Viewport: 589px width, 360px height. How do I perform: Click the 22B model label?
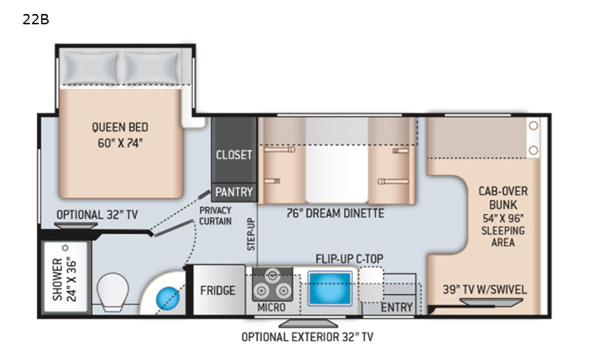[x=35, y=19]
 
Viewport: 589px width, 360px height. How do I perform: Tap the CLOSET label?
[x=233, y=155]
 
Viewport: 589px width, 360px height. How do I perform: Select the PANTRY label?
[x=233, y=192]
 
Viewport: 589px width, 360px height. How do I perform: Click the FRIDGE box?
[x=218, y=290]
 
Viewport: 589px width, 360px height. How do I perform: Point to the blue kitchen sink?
[x=330, y=289]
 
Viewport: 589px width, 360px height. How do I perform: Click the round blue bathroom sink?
[x=168, y=298]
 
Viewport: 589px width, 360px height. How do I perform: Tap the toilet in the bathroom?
[x=113, y=292]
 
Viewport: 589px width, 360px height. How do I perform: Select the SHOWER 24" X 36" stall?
[x=66, y=277]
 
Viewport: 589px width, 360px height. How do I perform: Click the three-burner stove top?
[x=272, y=284]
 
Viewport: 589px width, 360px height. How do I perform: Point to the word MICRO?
[x=271, y=308]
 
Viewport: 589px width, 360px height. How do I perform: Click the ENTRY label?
[x=397, y=308]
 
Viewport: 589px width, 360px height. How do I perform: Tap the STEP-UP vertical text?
[x=251, y=234]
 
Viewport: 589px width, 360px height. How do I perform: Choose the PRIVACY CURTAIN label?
[x=215, y=216]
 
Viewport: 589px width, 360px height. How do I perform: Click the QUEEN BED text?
[x=120, y=127]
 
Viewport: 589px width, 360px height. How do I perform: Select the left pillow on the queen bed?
[x=90, y=68]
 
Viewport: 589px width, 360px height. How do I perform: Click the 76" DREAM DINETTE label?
[x=335, y=213]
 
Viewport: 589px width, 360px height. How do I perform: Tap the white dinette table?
[x=336, y=160]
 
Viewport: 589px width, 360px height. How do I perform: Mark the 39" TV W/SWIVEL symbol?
[x=491, y=302]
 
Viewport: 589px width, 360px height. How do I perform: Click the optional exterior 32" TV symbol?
[x=308, y=323]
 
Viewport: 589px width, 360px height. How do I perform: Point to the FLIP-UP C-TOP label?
[x=349, y=259]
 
